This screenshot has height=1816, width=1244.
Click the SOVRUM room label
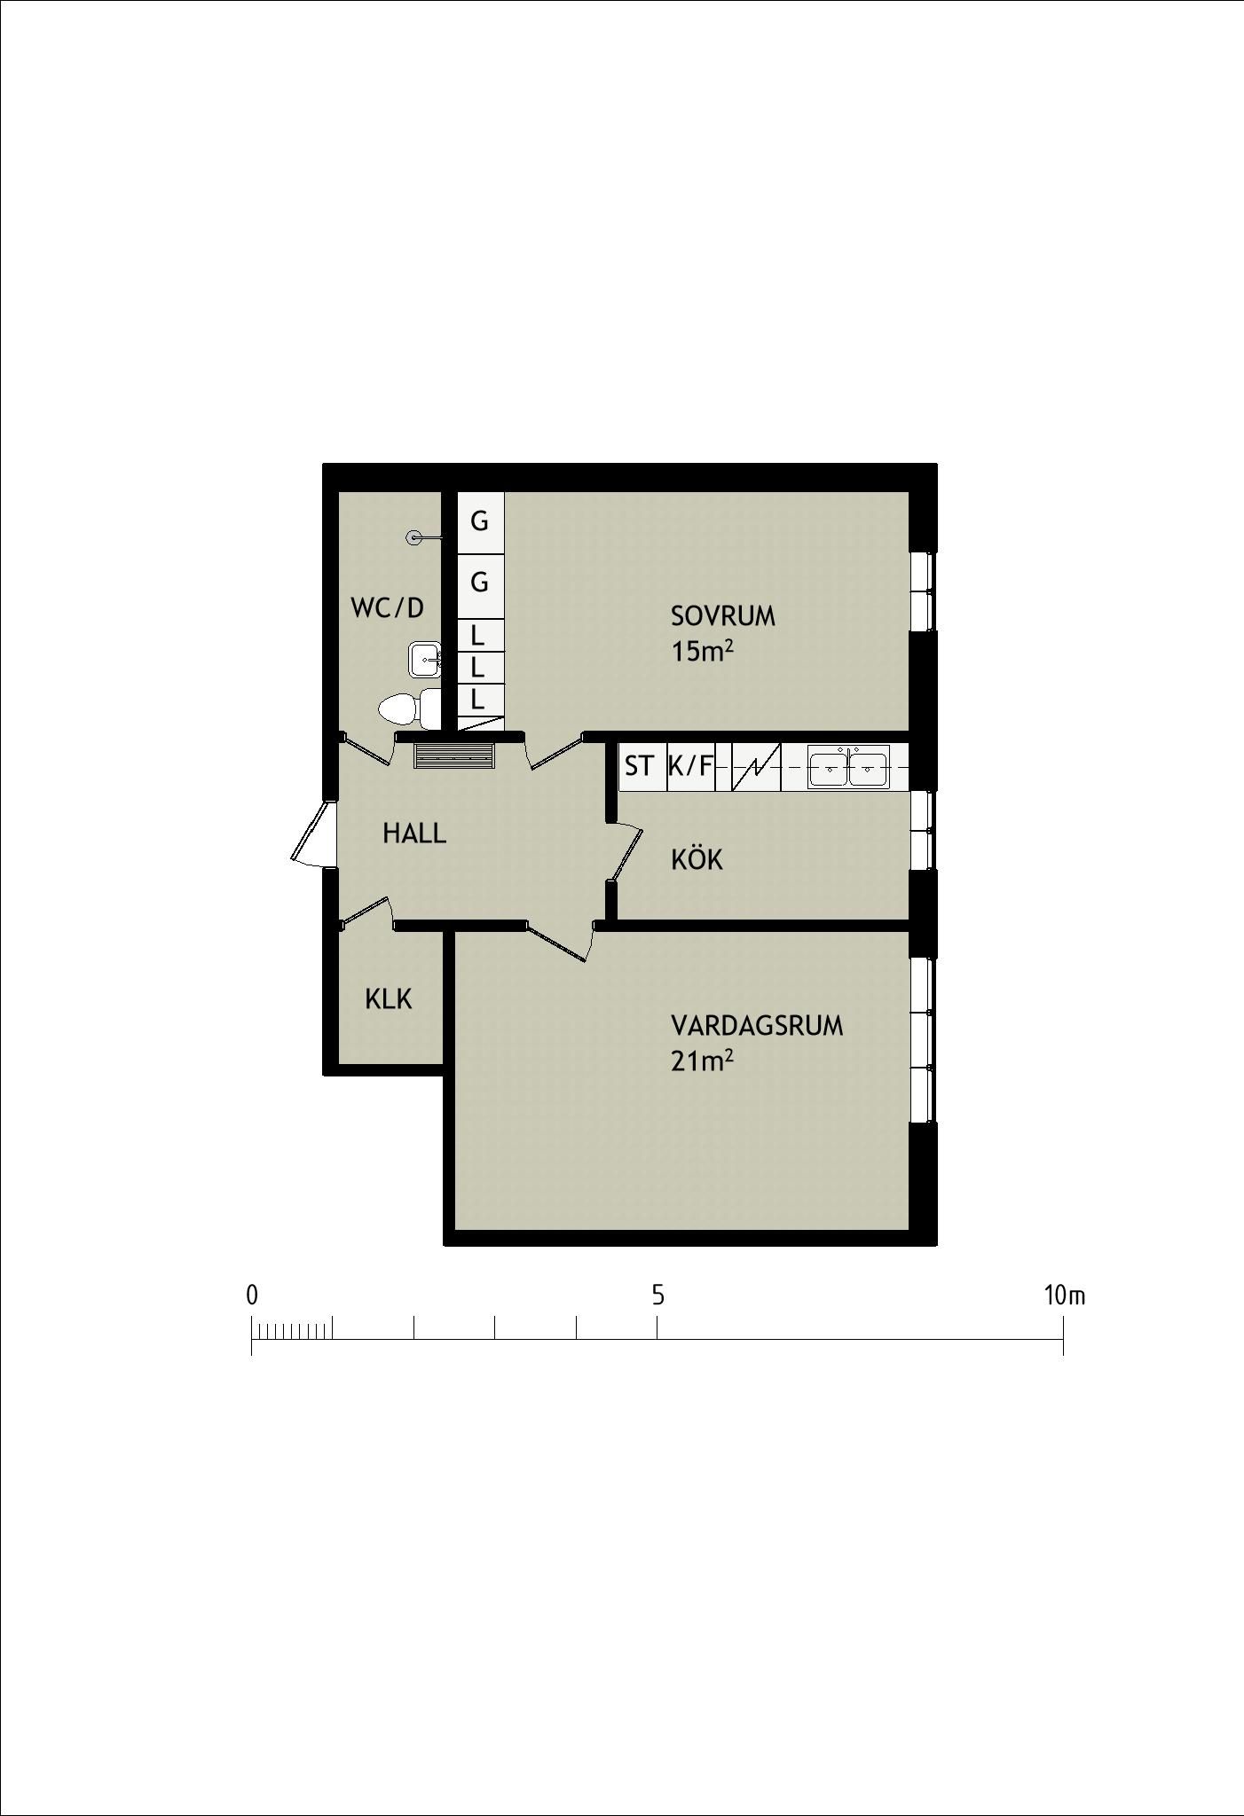point(722,616)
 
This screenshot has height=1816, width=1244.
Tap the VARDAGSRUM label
point(757,1026)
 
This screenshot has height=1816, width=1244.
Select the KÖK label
point(697,858)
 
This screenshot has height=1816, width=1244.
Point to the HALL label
point(414,834)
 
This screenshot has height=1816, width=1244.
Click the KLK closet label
point(389,999)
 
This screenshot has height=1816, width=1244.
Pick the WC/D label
point(388,608)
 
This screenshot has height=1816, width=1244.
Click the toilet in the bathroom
point(409,708)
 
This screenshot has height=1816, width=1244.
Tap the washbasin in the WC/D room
point(426,660)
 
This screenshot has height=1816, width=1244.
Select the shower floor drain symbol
point(413,537)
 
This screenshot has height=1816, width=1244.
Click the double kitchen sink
point(848,765)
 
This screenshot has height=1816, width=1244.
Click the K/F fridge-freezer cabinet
point(690,766)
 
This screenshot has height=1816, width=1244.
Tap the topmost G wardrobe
point(480,521)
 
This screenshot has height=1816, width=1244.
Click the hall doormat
point(453,756)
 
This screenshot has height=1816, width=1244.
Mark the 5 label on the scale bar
point(657,1295)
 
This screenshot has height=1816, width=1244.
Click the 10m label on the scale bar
point(1065,1295)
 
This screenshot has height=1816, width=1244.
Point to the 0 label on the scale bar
point(252,1295)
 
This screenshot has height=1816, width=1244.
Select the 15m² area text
point(703,652)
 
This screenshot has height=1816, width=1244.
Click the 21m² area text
point(703,1061)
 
